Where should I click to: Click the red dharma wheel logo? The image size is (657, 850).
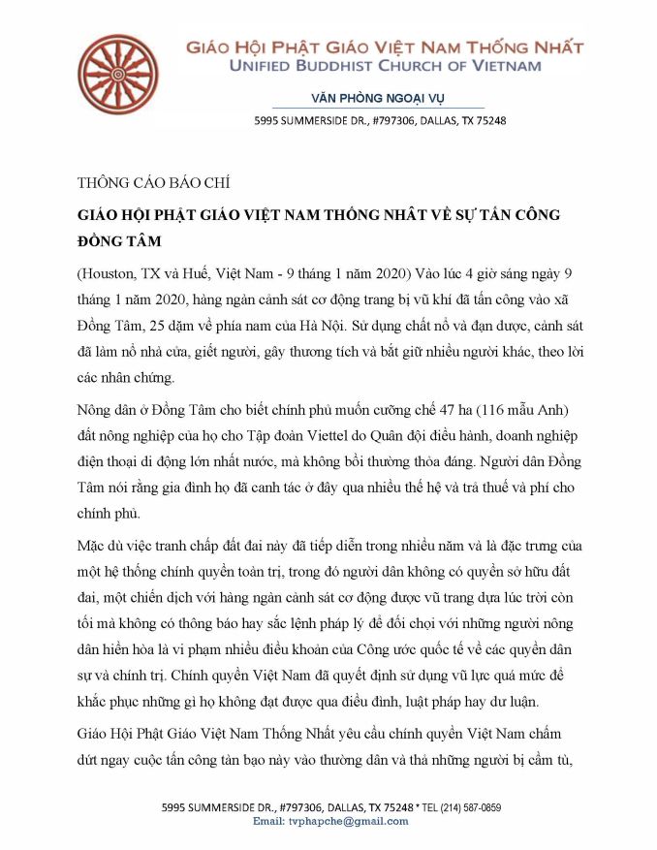point(117,73)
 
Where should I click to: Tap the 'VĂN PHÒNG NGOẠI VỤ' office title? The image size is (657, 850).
point(377,98)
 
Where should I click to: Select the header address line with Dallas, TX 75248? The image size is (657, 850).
point(380,121)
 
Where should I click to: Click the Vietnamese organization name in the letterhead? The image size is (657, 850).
point(385,46)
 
